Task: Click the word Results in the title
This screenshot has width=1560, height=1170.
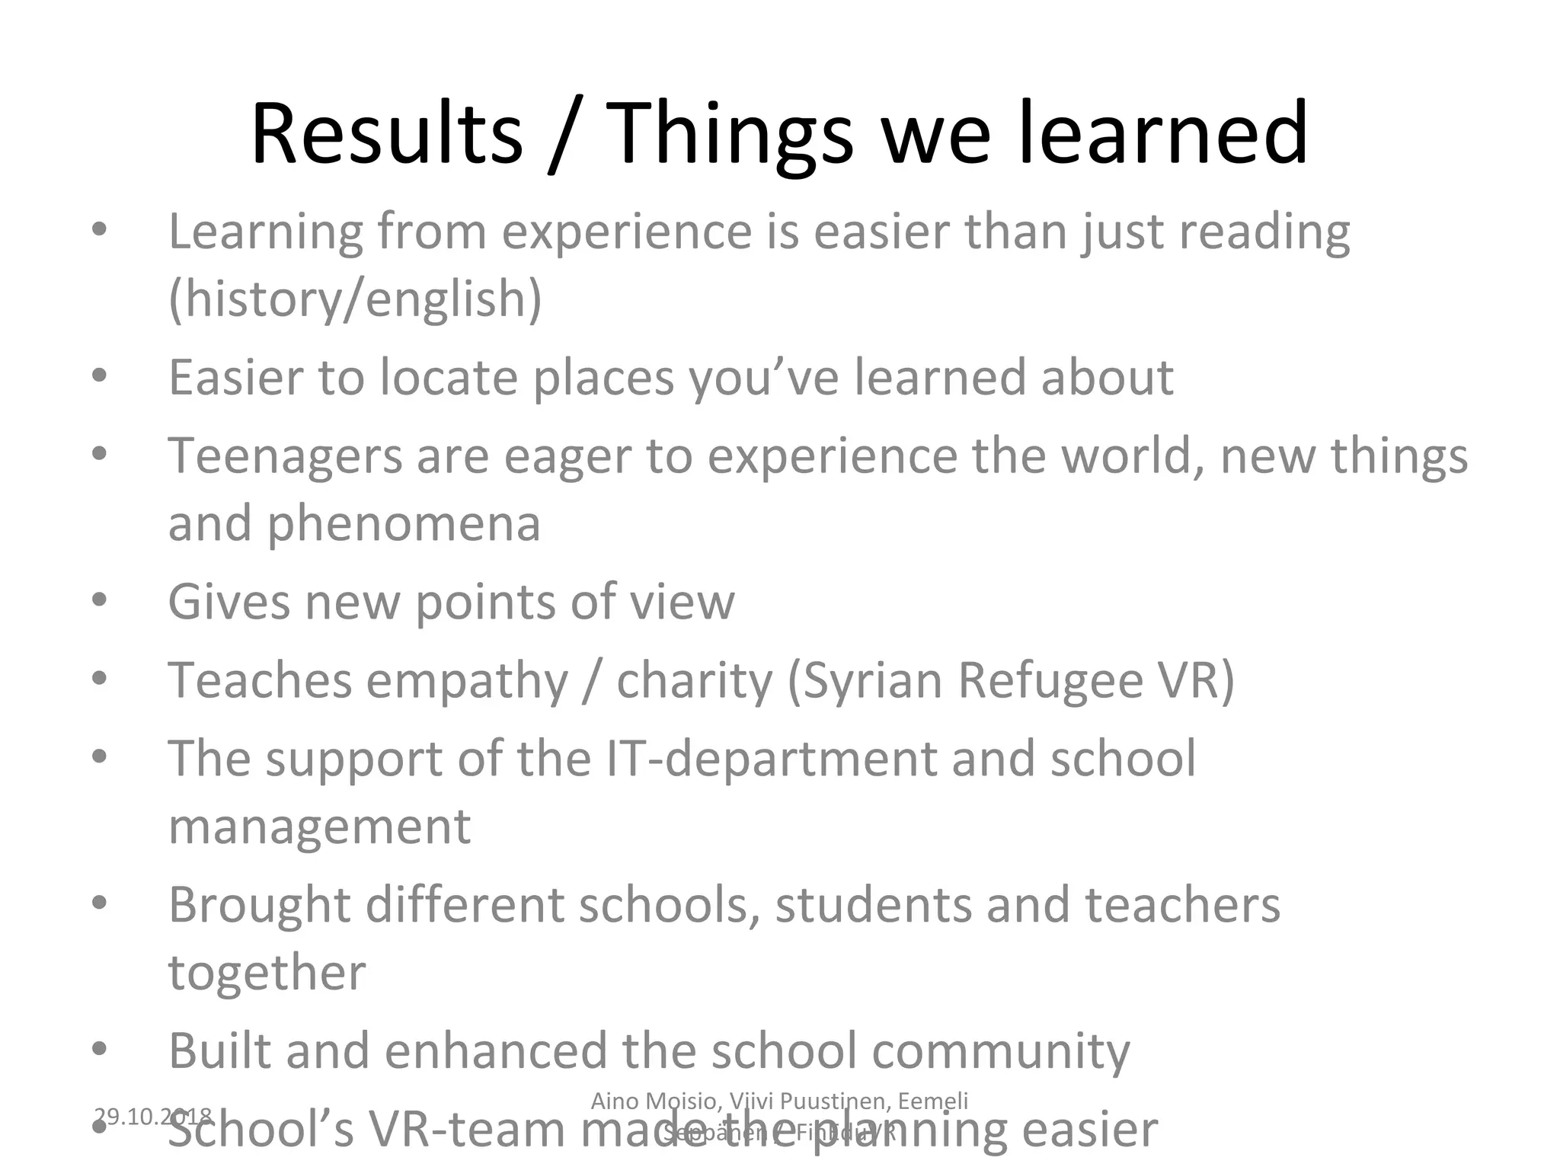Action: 387,134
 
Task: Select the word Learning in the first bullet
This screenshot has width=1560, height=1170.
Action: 265,232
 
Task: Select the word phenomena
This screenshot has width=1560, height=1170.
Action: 403,525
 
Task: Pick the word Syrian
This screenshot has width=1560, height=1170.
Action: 871,680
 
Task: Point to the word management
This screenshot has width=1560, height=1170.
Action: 319,827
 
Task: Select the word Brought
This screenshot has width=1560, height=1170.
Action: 259,906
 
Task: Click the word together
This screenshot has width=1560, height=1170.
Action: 267,973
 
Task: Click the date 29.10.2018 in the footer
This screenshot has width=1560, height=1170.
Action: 152,1117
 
